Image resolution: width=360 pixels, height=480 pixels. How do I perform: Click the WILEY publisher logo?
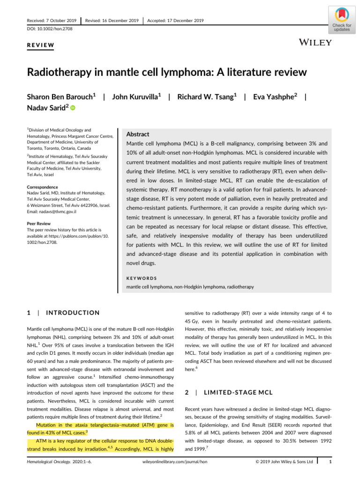[x=315, y=43]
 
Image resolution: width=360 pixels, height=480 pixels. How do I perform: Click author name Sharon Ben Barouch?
[x=60, y=97]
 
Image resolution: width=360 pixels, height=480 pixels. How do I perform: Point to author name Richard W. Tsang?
[x=207, y=97]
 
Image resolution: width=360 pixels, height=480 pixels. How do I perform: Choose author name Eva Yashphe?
[x=276, y=97]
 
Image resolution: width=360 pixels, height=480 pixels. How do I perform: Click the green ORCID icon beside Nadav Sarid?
[x=73, y=109]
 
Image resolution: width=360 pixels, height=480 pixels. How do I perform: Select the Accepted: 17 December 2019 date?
[x=175, y=21]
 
